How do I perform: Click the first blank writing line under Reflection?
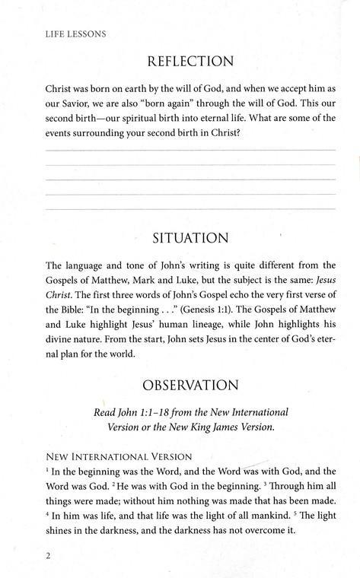pos(191,151)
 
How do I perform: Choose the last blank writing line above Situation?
pos(191,208)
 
